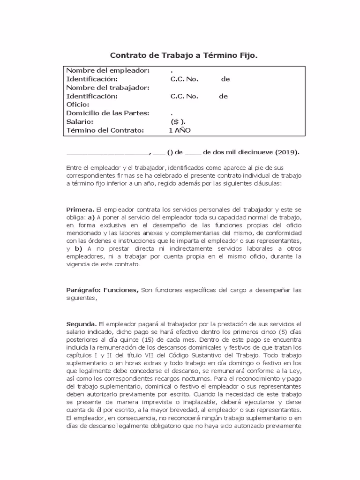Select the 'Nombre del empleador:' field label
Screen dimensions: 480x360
tap(108, 70)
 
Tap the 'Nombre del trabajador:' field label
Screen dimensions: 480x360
tap(108, 88)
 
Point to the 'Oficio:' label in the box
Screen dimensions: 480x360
tap(77, 105)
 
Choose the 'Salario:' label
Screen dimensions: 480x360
tap(80, 121)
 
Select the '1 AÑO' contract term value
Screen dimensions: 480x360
tap(180, 130)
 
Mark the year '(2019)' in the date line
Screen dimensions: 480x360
tap(287, 152)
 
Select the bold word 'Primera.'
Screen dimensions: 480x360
tap(81, 210)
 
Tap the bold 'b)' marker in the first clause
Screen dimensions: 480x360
tap(78, 248)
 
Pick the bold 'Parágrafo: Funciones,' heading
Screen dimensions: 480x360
tap(102, 290)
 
